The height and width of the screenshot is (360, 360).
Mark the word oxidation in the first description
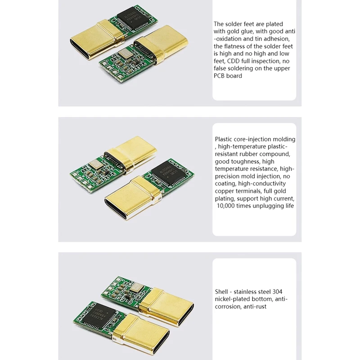point(229,38)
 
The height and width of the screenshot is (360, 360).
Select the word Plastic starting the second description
point(225,139)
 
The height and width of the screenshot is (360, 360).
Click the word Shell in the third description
point(222,292)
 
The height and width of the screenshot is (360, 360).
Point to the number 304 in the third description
point(278,292)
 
